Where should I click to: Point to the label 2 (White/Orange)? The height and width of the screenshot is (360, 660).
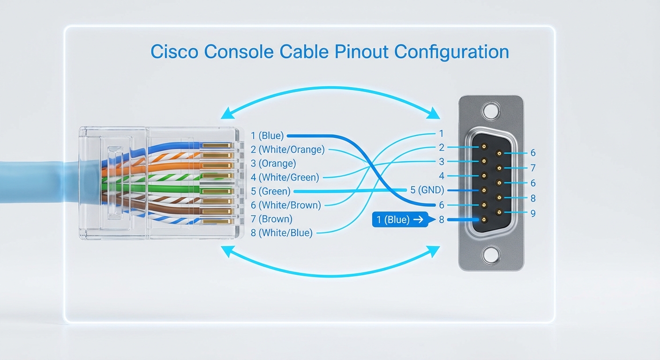(287, 150)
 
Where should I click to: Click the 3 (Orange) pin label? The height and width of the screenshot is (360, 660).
(273, 164)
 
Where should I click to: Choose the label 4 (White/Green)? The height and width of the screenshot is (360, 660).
(285, 177)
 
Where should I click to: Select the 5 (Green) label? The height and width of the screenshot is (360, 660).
(270, 191)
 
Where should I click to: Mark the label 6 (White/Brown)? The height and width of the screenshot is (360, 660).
(285, 205)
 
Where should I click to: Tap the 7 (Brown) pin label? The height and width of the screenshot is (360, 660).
(271, 219)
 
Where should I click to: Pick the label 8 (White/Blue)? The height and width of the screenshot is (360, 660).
(282, 232)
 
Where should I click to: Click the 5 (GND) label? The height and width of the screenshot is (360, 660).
(427, 190)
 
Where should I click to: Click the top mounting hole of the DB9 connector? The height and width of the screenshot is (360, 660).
(490, 111)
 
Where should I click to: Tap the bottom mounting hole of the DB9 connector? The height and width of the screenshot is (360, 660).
(490, 255)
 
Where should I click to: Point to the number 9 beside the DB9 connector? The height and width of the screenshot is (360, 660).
(532, 213)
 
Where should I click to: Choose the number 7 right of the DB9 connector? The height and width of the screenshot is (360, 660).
(532, 168)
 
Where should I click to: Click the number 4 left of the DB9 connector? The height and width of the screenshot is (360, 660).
(441, 176)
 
